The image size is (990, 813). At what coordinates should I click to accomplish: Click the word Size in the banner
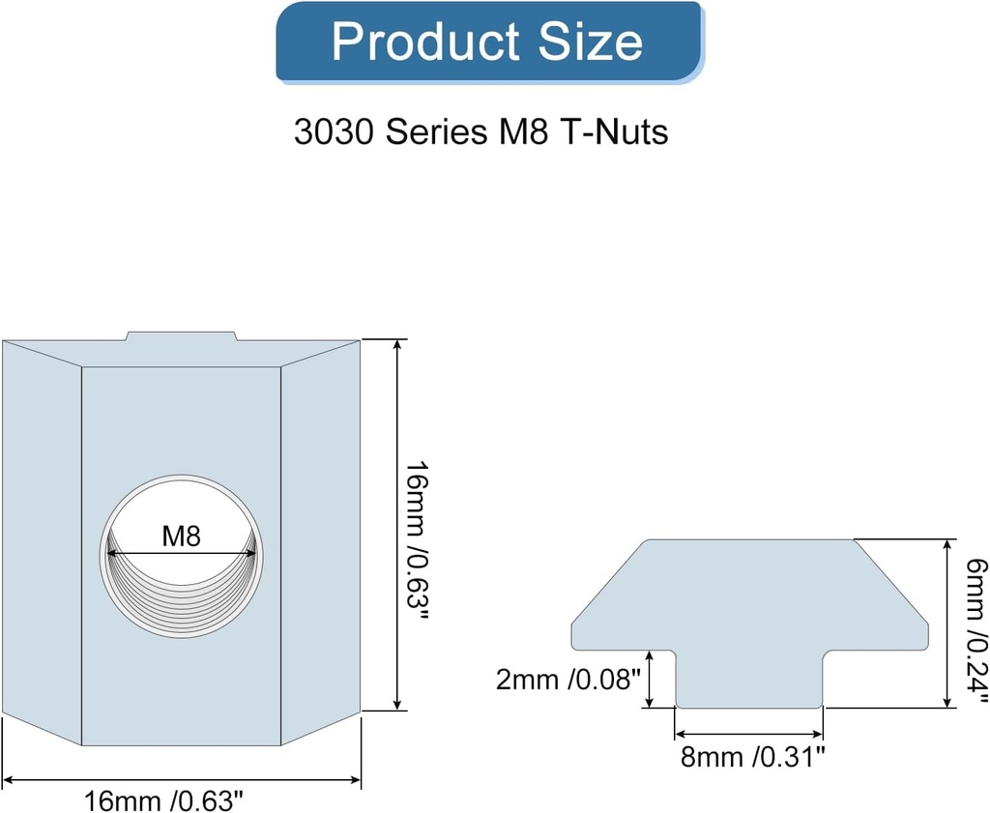pyautogui.click(x=591, y=42)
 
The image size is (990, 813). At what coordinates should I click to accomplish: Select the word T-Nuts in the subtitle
pyautogui.click(x=613, y=131)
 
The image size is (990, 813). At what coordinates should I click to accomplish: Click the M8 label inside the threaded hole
pyautogui.click(x=181, y=537)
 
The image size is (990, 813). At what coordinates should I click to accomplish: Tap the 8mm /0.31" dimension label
pyautogui.click(x=752, y=756)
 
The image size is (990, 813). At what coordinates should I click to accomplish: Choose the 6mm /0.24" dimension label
pyautogui.click(x=975, y=624)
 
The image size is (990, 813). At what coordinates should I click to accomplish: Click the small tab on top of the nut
pyautogui.click(x=181, y=336)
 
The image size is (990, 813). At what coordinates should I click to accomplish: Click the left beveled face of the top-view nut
pyautogui.click(x=42, y=541)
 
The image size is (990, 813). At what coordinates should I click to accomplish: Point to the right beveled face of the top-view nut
pyautogui.click(x=321, y=541)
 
